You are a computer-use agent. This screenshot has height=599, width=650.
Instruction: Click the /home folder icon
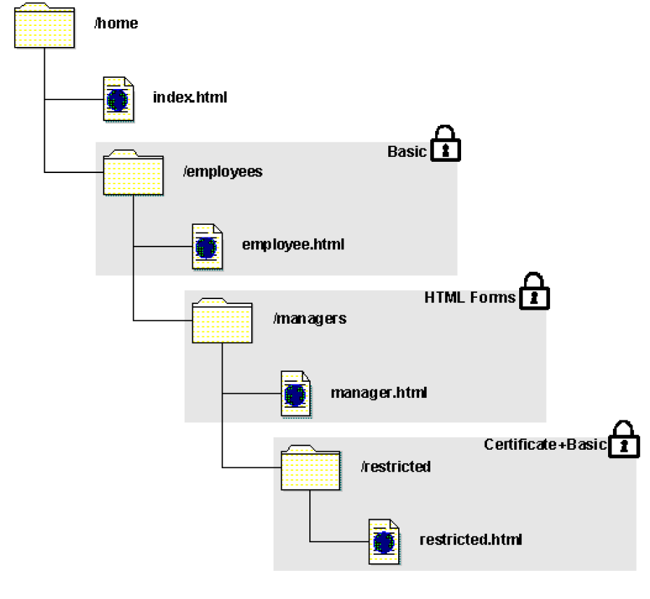[44, 27]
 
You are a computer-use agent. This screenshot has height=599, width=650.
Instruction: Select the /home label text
[116, 24]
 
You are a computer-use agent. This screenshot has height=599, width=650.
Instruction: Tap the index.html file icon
[118, 99]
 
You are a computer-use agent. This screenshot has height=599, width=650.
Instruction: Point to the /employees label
[222, 171]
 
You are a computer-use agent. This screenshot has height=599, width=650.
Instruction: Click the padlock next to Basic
[445, 144]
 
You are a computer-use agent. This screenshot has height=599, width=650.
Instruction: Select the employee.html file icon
[207, 247]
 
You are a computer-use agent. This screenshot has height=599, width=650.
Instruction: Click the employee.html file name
[292, 245]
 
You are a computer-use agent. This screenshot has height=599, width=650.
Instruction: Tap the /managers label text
[309, 318]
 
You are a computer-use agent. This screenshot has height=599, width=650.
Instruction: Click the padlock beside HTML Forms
[534, 291]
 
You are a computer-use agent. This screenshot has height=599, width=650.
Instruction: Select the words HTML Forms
[469, 298]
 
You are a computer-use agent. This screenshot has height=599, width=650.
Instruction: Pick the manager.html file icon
[296, 394]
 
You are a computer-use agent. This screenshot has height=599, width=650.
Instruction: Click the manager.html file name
[379, 392]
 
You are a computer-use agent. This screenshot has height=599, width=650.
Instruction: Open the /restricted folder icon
[311, 468]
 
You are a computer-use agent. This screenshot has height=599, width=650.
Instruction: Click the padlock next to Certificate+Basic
[623, 439]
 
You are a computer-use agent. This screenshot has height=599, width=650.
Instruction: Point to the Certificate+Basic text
[544, 445]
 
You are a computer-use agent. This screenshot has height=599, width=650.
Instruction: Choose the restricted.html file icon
[385, 542]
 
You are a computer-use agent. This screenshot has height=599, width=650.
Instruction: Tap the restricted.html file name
[470, 539]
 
